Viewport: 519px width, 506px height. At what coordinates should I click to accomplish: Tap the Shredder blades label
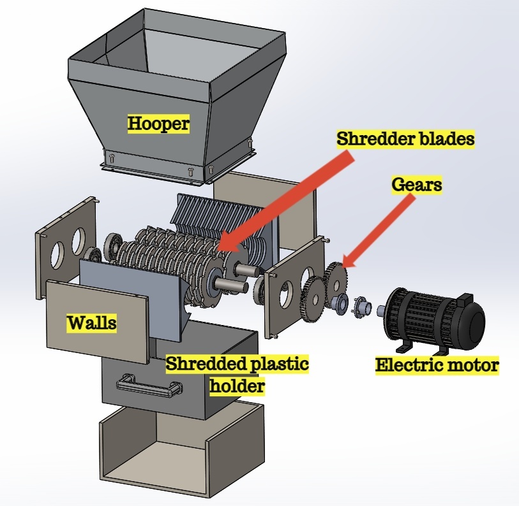(x=405, y=139)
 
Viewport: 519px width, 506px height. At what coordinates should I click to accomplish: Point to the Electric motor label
(x=437, y=365)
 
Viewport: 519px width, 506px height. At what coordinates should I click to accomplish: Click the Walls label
(x=92, y=322)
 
